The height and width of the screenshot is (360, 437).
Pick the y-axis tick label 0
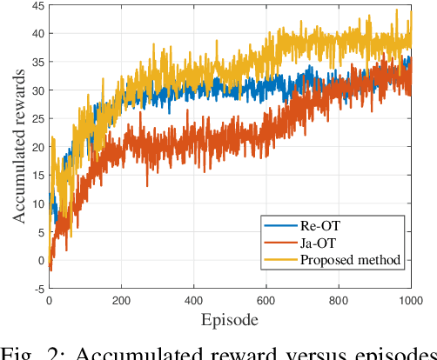click(38, 260)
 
